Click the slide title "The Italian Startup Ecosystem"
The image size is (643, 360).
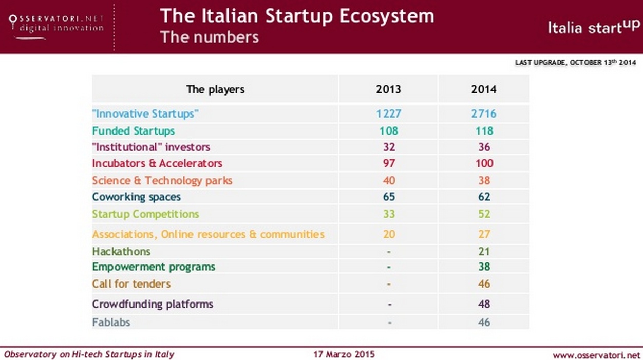(x=297, y=16)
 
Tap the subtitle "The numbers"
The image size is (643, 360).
(x=209, y=37)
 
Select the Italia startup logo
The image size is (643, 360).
(x=594, y=27)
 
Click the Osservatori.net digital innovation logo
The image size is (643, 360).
(x=56, y=24)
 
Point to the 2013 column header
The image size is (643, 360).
(x=388, y=89)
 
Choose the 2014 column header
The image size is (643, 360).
(x=484, y=89)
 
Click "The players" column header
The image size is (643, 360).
(x=215, y=89)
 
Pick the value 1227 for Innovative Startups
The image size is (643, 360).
(x=388, y=113)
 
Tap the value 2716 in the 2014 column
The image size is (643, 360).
(x=484, y=113)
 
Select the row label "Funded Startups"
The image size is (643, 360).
(x=134, y=130)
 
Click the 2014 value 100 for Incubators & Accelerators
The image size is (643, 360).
(x=484, y=163)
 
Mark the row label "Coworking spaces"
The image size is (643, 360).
(x=137, y=197)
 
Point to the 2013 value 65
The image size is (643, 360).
(x=389, y=197)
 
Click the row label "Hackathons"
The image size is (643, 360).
(x=121, y=251)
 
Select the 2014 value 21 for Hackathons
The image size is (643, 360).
(x=484, y=251)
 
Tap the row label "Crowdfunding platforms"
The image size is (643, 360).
(x=153, y=304)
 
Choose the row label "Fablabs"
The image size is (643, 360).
(x=111, y=323)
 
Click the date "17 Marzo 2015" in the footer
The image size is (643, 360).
(x=344, y=354)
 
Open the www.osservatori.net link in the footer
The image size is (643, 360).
(x=596, y=355)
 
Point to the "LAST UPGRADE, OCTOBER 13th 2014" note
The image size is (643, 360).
(x=575, y=63)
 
